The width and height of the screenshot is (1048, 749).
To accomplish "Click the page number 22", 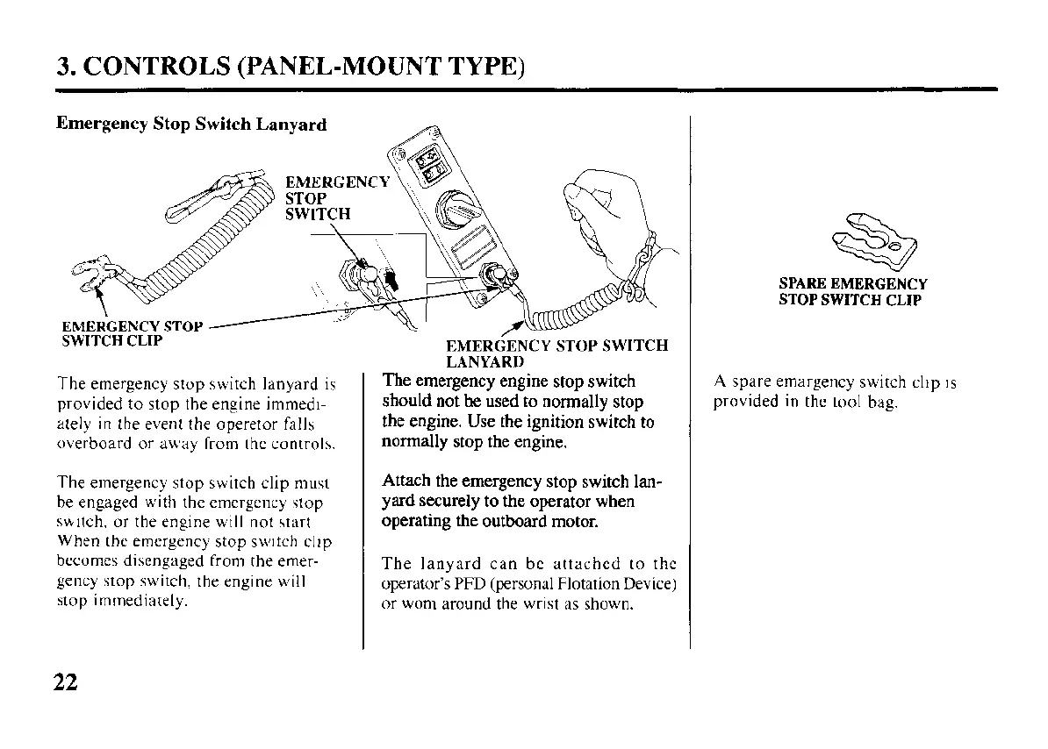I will (66, 682).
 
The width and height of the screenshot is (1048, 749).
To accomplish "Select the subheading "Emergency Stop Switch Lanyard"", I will (191, 124).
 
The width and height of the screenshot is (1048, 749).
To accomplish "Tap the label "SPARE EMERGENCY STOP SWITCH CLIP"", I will (852, 292).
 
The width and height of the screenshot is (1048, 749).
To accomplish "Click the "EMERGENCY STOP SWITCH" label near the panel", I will (337, 197).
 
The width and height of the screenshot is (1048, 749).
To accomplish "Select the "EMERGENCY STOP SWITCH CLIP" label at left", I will (129, 334).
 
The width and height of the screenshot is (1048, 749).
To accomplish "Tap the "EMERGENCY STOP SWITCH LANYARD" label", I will (556, 353).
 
